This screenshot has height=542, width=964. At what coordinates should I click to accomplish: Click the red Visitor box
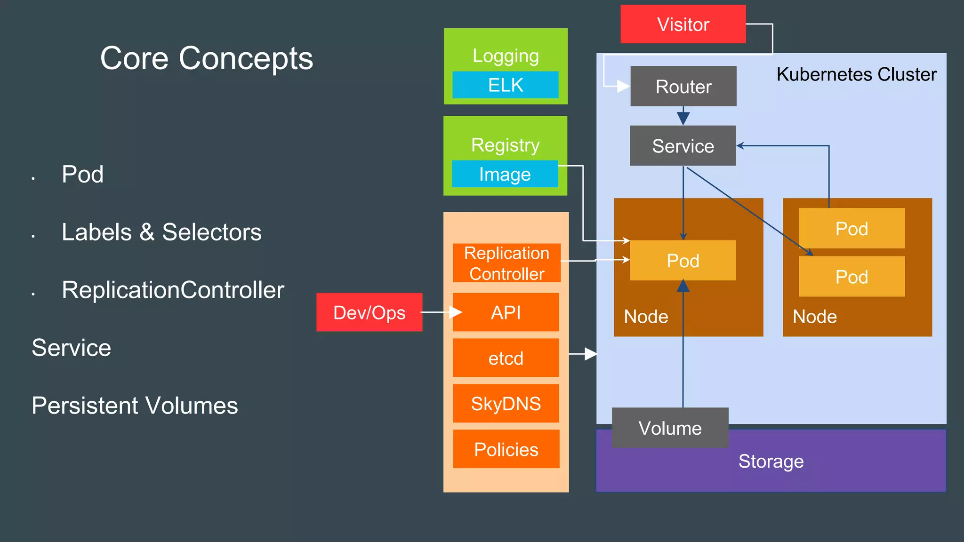click(683, 24)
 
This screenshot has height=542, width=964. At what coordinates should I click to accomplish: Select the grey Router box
click(683, 87)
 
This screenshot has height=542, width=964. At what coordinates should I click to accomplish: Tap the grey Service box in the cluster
click(683, 146)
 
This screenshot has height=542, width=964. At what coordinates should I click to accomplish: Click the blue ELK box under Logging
click(506, 85)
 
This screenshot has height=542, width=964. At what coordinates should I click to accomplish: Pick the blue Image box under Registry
click(505, 174)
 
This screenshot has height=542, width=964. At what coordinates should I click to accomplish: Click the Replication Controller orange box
click(506, 263)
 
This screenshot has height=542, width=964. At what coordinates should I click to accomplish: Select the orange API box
click(506, 312)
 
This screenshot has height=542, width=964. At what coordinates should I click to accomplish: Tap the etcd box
click(506, 358)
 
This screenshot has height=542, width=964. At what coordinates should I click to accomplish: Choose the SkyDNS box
click(506, 404)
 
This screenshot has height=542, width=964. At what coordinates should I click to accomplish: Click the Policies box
click(506, 449)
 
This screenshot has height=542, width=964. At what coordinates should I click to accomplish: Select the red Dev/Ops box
click(369, 312)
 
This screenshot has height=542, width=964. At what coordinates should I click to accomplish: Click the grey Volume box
click(670, 428)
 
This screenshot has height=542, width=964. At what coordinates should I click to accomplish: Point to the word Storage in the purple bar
click(771, 461)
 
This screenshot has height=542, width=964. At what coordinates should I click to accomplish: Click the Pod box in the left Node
click(683, 261)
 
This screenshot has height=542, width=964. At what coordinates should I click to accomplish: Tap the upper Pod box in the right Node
click(852, 229)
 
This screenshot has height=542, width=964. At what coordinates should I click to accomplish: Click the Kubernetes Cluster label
click(856, 74)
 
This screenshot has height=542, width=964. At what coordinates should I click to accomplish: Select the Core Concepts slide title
click(207, 58)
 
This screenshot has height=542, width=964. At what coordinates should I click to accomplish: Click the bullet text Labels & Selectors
click(161, 232)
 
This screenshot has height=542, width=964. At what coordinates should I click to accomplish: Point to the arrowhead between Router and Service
click(683, 118)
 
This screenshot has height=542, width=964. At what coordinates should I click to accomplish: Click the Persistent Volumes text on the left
click(135, 406)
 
